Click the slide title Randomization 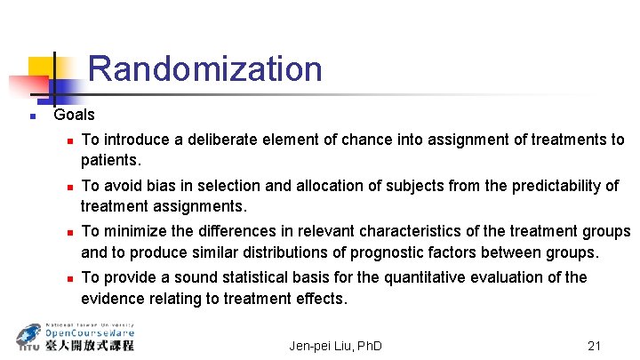pyautogui.click(x=204, y=69)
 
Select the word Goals pyautogui.click(x=74, y=115)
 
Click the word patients pyautogui.click(x=110, y=161)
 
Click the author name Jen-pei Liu pyautogui.click(x=321, y=345)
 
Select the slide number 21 pyautogui.click(x=595, y=345)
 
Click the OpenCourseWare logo pyautogui.click(x=75, y=335)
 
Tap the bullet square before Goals pyautogui.click(x=31, y=116)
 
